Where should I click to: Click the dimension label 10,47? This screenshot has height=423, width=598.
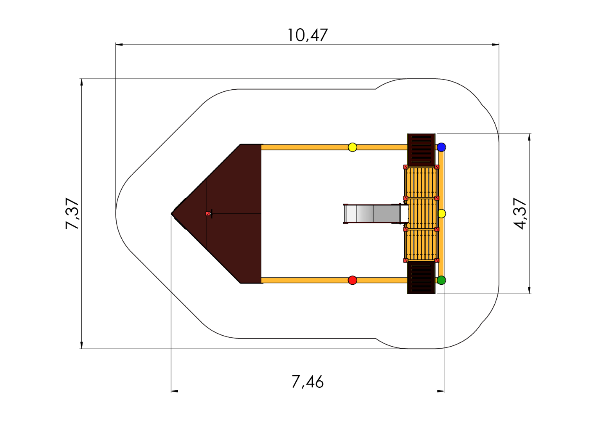pyautogui.click(x=308, y=35)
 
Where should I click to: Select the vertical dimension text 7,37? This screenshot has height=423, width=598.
pyautogui.click(x=73, y=213)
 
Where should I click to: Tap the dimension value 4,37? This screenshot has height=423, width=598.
pyautogui.click(x=521, y=213)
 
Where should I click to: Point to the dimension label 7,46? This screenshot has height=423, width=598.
pyautogui.click(x=308, y=382)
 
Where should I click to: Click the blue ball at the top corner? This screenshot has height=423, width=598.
pyautogui.click(x=441, y=147)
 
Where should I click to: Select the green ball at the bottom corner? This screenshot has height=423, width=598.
pyautogui.click(x=441, y=280)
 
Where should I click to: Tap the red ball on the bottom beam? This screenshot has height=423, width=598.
pyautogui.click(x=353, y=280)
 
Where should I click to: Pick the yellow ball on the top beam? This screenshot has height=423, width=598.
pyautogui.click(x=353, y=147)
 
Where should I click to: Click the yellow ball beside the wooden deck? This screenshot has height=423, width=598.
pyautogui.click(x=442, y=213)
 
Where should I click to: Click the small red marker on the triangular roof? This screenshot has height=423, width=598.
pyautogui.click(x=208, y=213)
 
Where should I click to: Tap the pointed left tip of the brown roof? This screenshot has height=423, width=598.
pyautogui.click(x=173, y=213)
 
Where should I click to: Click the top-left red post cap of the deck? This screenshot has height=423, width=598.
pyautogui.click(x=406, y=167)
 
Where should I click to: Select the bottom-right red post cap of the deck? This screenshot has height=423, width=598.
pyautogui.click(x=437, y=260)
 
